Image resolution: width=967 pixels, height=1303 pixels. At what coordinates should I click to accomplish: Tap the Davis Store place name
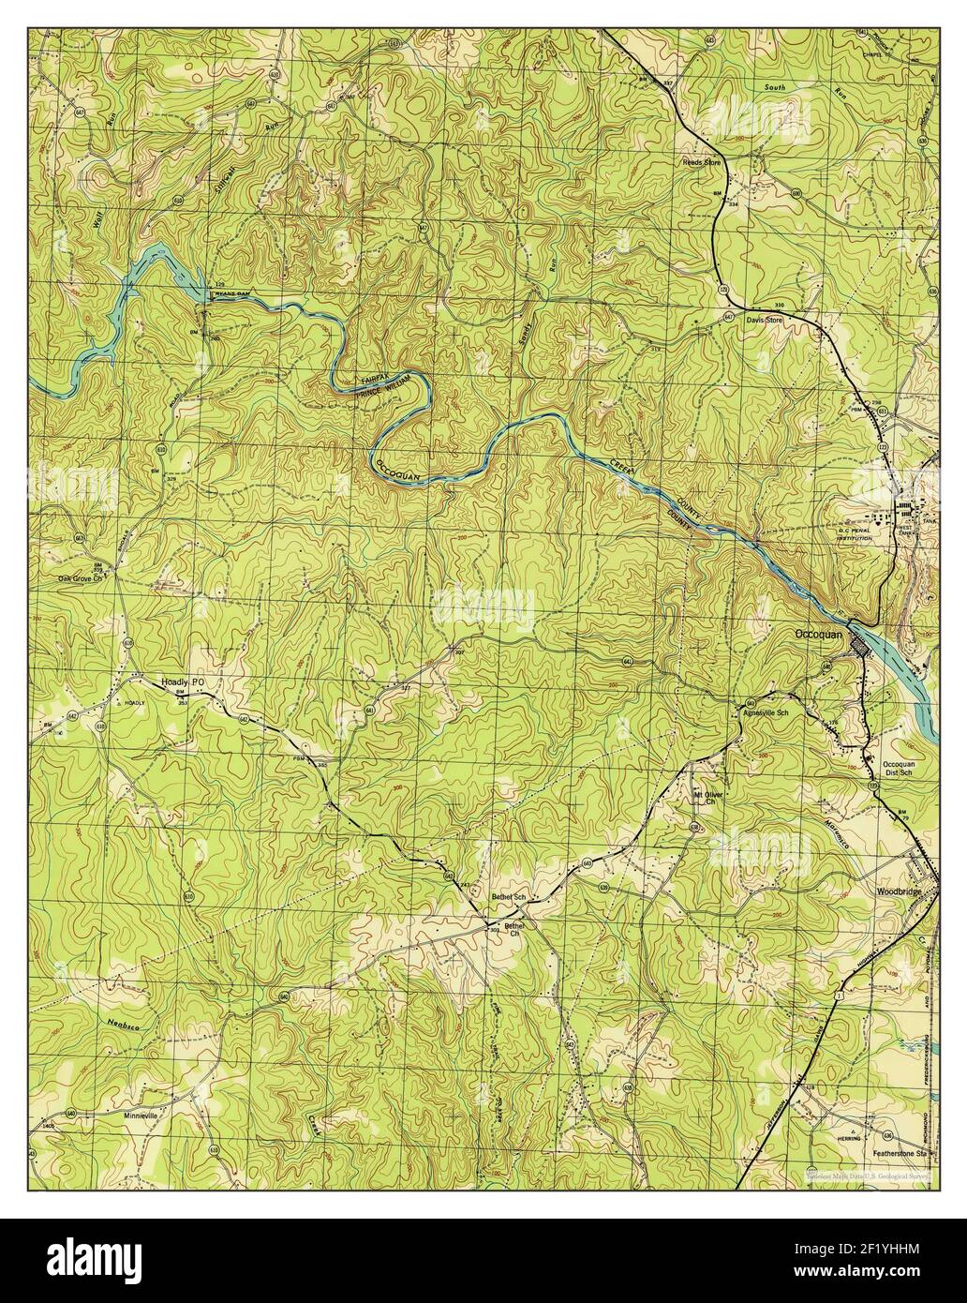click(763, 320)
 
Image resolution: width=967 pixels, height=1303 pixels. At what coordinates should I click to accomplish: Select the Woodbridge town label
click(902, 891)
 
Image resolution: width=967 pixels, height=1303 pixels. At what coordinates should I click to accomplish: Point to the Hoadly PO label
click(182, 682)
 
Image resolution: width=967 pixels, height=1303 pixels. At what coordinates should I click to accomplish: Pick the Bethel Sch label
click(510, 897)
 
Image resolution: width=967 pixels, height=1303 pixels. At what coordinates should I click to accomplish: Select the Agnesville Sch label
click(767, 711)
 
